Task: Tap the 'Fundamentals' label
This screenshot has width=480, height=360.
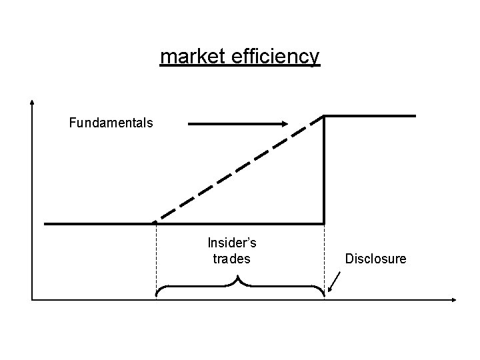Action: (x=111, y=123)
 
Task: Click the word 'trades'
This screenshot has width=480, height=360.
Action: (x=231, y=258)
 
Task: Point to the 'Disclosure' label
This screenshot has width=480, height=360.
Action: (x=375, y=258)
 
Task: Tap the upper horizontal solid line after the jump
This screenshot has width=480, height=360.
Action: (x=370, y=115)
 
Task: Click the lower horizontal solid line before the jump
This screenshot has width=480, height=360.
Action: (x=100, y=223)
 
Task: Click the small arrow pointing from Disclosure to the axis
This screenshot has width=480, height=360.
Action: (x=335, y=282)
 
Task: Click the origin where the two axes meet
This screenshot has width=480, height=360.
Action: (x=33, y=299)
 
